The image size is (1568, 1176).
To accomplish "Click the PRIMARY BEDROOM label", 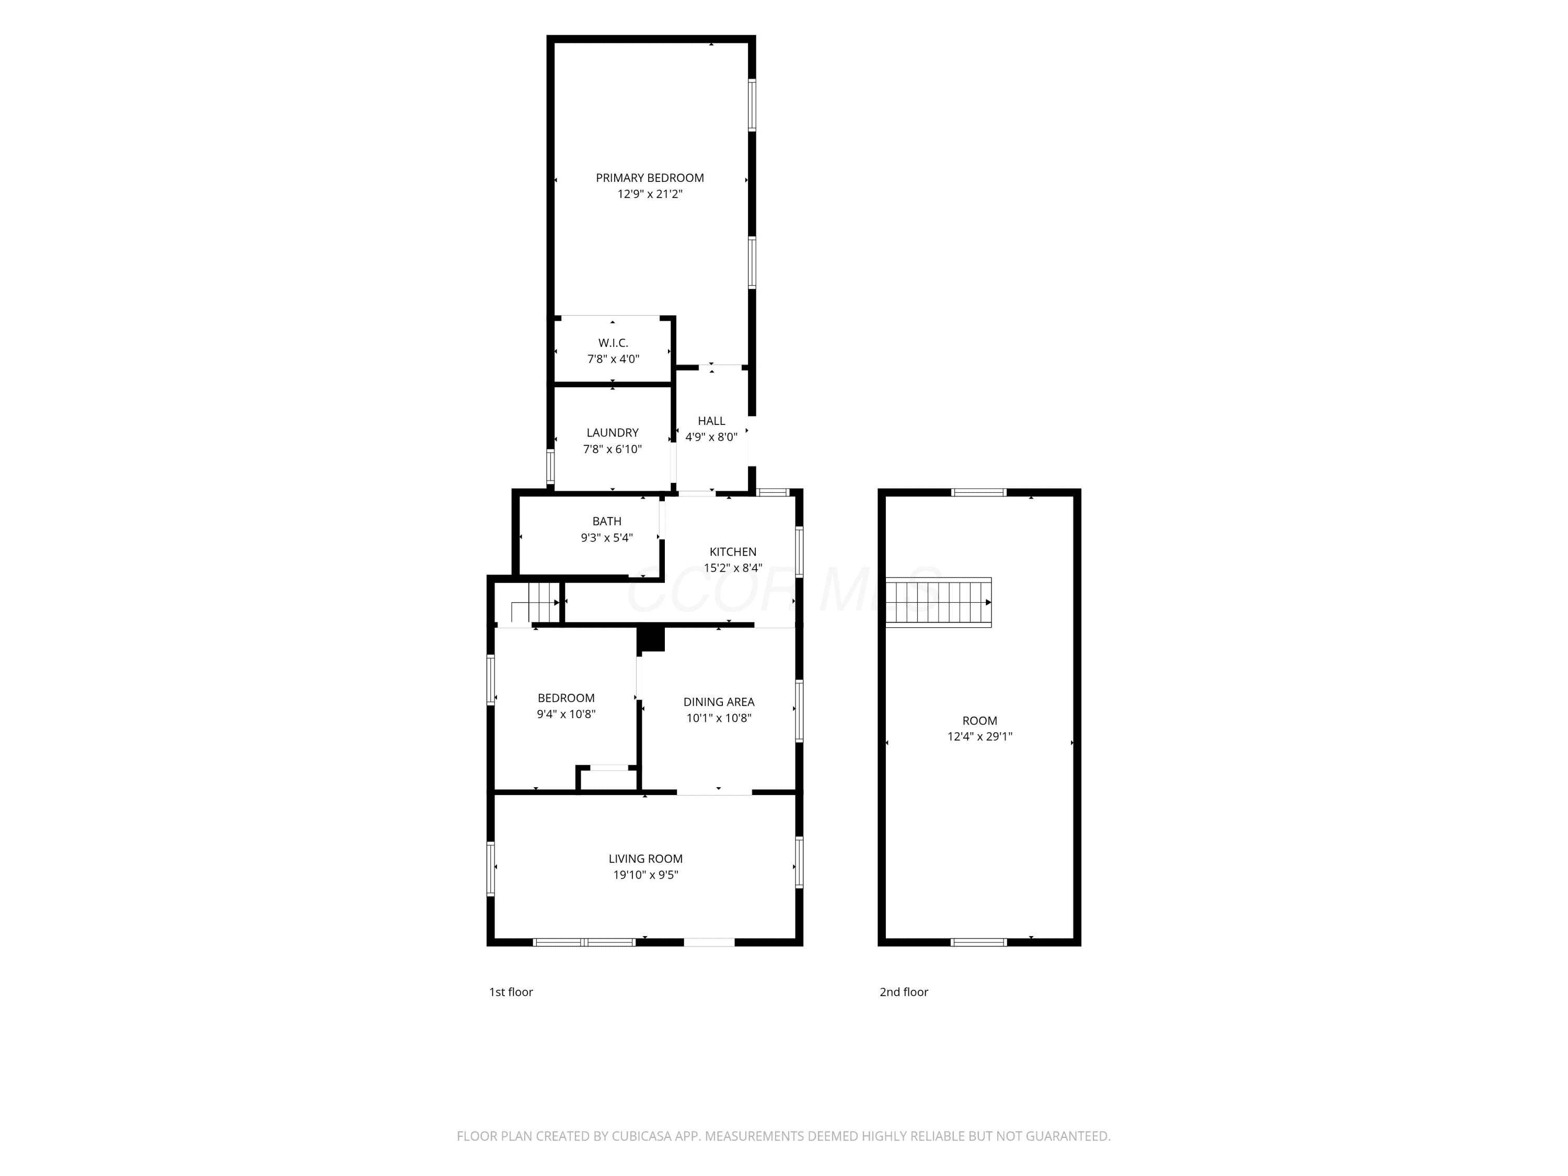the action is (x=649, y=178).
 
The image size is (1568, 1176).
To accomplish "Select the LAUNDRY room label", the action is (x=613, y=432).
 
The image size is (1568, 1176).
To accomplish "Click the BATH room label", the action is (x=607, y=521).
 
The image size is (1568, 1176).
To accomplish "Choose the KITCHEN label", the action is (x=733, y=551).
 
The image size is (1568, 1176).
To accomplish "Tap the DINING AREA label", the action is (x=719, y=702).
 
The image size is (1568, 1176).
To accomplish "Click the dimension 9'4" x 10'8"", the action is (x=566, y=714).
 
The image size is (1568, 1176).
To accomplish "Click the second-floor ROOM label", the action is (x=979, y=720).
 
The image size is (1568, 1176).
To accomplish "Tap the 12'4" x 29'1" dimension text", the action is (x=979, y=736).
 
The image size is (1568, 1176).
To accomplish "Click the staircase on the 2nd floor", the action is (x=939, y=603).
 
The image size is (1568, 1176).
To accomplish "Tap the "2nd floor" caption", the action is (x=904, y=993).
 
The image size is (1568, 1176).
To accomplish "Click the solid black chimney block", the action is (x=651, y=638).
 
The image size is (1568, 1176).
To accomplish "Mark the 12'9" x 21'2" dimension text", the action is (x=649, y=194).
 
